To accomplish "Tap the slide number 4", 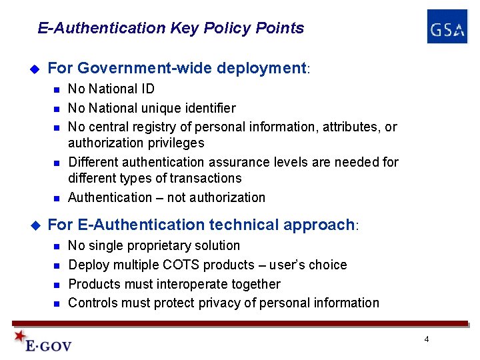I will click(427, 340).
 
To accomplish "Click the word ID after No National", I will click(147, 89).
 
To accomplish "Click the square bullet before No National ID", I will click(57, 89).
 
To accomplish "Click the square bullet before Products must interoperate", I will click(57, 285).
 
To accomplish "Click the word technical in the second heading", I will click(251, 225).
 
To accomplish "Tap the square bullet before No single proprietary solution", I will click(57, 246).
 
